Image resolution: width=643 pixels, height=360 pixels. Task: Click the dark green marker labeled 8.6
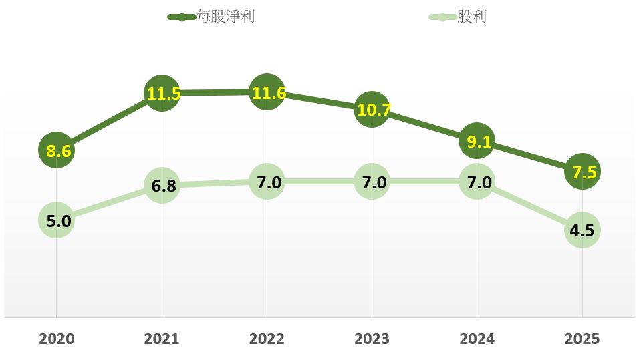56,151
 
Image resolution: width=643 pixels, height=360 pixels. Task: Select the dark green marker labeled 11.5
162,94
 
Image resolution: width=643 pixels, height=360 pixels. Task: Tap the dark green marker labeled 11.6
267,92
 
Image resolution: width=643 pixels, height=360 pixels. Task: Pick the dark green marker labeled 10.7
372,110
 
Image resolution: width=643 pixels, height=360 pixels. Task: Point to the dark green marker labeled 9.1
477,142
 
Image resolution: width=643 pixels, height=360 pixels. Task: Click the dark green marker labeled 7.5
583,172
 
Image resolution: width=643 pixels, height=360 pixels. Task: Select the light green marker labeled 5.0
56,220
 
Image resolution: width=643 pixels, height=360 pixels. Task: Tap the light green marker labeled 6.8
162,185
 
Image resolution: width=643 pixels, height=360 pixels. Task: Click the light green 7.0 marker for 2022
267,182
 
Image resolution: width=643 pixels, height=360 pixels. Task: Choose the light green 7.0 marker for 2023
372,182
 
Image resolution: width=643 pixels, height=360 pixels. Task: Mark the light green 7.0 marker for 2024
477,182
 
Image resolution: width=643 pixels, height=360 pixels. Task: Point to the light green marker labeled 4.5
583,230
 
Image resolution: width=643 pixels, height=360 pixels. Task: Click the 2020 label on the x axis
56,339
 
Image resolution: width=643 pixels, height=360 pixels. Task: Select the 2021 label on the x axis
162,339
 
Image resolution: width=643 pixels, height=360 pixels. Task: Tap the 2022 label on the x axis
267,339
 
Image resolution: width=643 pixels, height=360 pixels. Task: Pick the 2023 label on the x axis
372,339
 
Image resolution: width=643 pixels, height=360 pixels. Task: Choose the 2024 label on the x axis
477,339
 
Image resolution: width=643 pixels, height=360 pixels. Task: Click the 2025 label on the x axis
583,339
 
